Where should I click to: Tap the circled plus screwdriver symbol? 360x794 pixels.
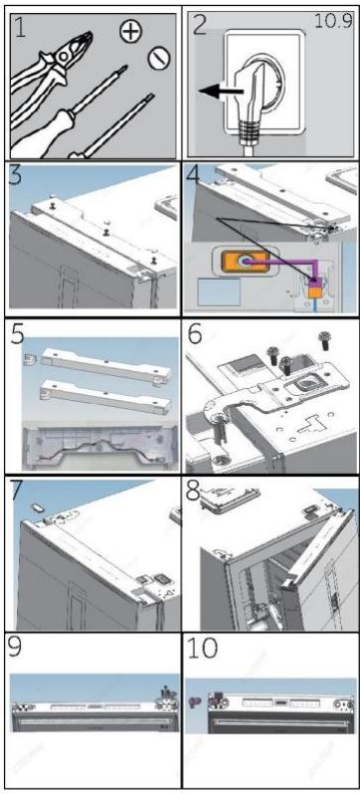coord(129,34)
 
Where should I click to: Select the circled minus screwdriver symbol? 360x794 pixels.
coord(153,61)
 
